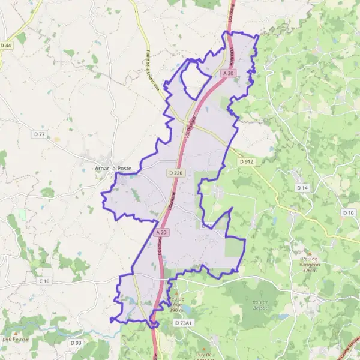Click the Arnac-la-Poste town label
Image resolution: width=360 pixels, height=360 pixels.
point(113,169)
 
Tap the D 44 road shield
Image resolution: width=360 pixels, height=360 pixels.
point(6,46)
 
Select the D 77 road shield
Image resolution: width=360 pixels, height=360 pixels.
point(39,134)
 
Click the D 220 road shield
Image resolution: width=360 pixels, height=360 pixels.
point(176,173)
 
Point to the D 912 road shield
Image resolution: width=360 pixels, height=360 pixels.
point(247,161)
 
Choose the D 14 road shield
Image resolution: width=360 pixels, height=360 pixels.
point(302,188)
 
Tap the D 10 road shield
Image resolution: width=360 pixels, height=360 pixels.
point(349,213)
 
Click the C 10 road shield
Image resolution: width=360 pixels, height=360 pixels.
point(44,281)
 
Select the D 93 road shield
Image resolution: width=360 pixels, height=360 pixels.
point(75,343)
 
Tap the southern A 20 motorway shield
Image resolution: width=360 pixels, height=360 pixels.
point(160,232)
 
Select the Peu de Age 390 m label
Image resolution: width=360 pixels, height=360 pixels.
point(176,304)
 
